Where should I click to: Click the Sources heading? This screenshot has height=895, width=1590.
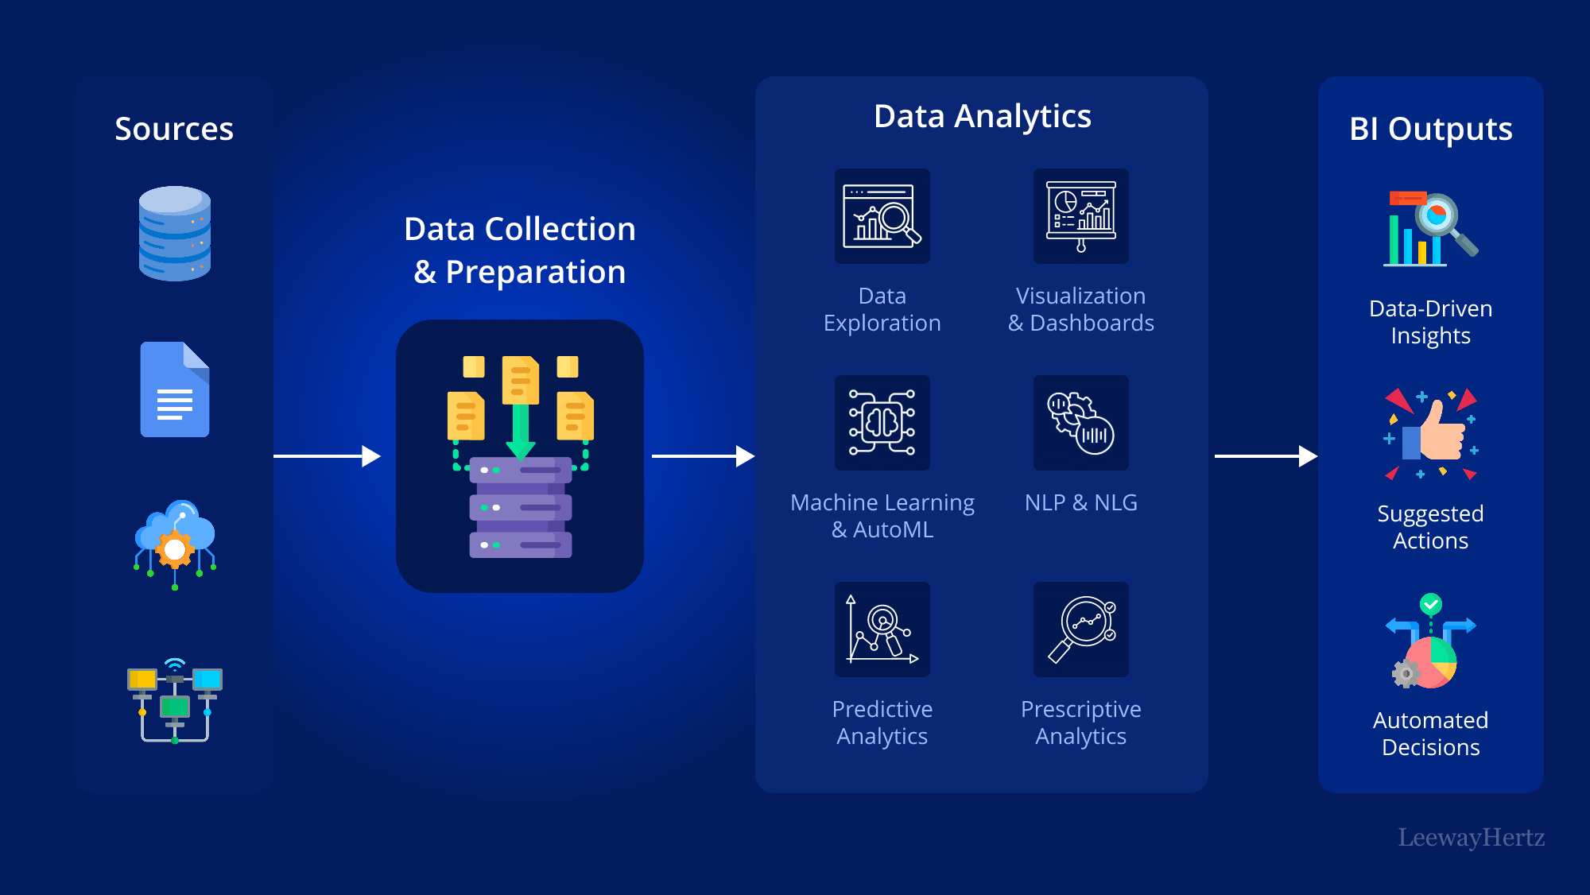(174, 129)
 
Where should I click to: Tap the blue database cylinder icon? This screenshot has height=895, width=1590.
(175, 234)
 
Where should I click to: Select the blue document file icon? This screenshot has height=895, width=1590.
(175, 389)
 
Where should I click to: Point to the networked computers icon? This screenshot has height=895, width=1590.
(175, 701)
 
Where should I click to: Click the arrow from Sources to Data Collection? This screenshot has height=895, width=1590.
(327, 456)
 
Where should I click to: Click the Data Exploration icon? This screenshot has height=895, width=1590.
(882, 216)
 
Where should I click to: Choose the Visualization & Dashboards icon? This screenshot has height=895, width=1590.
(1081, 216)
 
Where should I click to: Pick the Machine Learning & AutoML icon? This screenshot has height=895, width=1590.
(882, 423)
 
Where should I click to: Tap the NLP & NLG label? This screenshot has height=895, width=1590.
(1081, 502)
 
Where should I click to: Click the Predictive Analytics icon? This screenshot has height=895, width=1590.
(882, 630)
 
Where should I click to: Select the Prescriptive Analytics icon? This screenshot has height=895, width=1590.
(1081, 630)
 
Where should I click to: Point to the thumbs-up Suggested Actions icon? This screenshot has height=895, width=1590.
(1431, 434)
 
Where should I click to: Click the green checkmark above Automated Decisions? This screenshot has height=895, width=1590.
(1431, 604)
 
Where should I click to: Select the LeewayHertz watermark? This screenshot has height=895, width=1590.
(1472, 837)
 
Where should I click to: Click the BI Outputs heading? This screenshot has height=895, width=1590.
(1431, 129)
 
